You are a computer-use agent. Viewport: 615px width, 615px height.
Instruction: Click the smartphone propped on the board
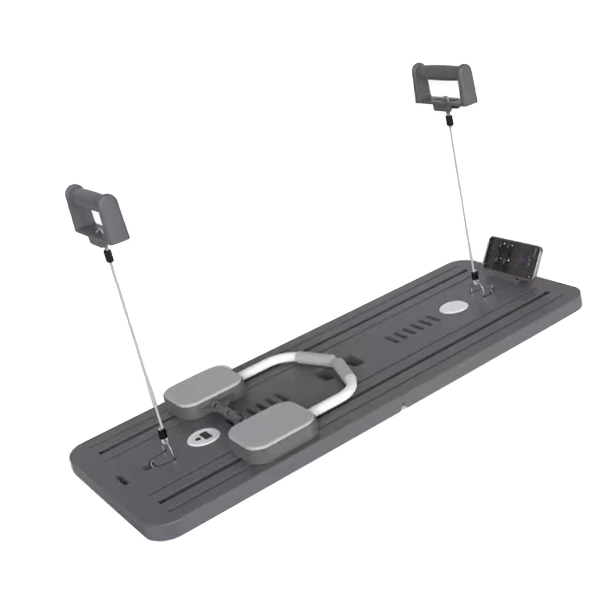click(x=514, y=258)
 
